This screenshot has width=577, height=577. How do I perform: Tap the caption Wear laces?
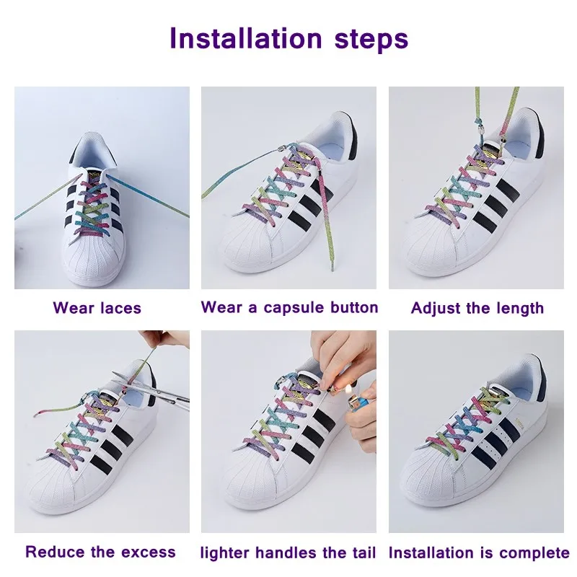[97, 308]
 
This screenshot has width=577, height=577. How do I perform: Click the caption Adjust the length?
[477, 308]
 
